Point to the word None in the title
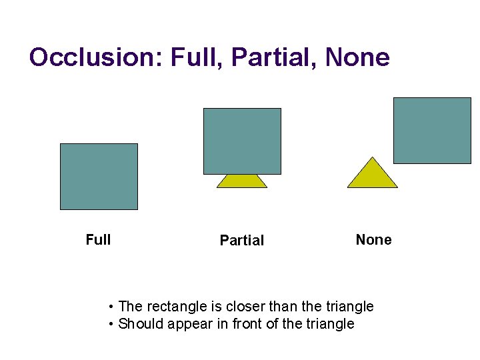[357, 57]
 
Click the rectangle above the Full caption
[99, 177]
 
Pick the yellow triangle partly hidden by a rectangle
[242, 181]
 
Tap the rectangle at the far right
[432, 131]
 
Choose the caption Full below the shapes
[99, 239]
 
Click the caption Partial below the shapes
[242, 241]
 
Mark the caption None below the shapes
[374, 239]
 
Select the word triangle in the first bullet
[350, 307]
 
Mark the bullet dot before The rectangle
[111, 307]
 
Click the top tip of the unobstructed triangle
[373, 159]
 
